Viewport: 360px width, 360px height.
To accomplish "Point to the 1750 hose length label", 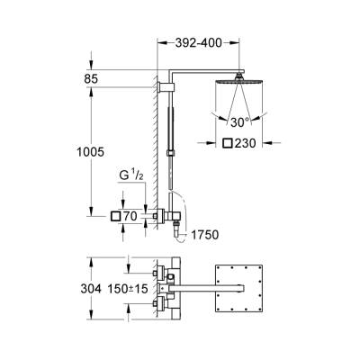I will coord(205,236).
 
